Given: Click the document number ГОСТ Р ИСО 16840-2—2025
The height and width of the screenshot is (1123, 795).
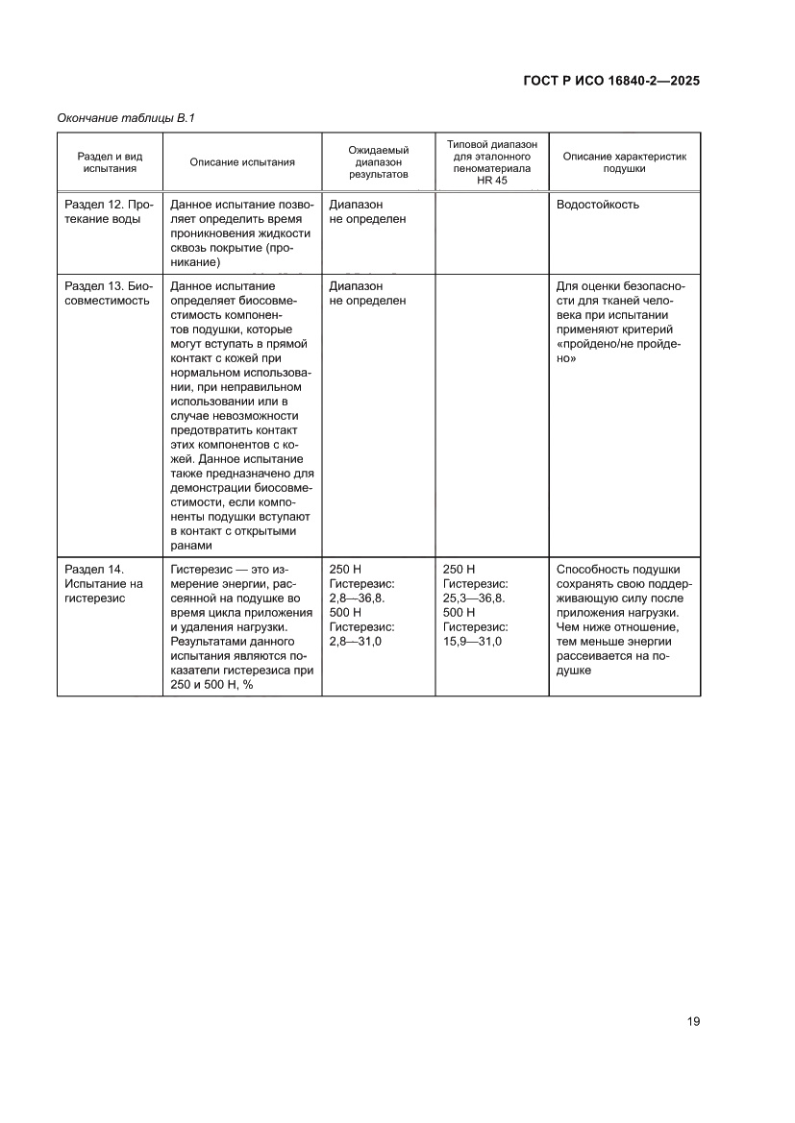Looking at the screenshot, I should (610, 81).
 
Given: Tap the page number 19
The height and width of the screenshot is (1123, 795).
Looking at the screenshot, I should (693, 1021).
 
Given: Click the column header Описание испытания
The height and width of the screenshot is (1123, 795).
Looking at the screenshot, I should (241, 162).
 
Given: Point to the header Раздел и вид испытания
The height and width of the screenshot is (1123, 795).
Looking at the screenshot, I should (110, 162).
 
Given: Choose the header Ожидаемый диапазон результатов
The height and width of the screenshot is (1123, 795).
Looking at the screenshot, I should (378, 162).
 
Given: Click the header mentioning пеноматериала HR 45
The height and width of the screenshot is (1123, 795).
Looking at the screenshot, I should (491, 162).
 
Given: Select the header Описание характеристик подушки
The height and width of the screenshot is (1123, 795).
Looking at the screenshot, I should (624, 162).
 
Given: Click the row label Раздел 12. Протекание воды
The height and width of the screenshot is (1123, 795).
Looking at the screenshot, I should (109, 211).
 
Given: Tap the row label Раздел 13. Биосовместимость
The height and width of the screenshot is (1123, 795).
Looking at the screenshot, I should (109, 293).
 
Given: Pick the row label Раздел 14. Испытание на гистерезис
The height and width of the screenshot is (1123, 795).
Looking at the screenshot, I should (103, 583).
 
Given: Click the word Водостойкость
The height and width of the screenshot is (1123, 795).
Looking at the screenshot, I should (597, 205).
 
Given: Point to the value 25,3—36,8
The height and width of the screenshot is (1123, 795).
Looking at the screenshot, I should (474, 598).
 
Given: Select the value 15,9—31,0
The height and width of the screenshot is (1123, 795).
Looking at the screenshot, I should (472, 641).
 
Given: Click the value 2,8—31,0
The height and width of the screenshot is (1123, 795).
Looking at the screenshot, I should (356, 641).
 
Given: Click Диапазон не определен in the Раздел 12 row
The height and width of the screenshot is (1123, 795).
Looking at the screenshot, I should (367, 211).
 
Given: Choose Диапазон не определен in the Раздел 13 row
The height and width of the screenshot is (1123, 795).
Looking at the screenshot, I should (367, 293).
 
